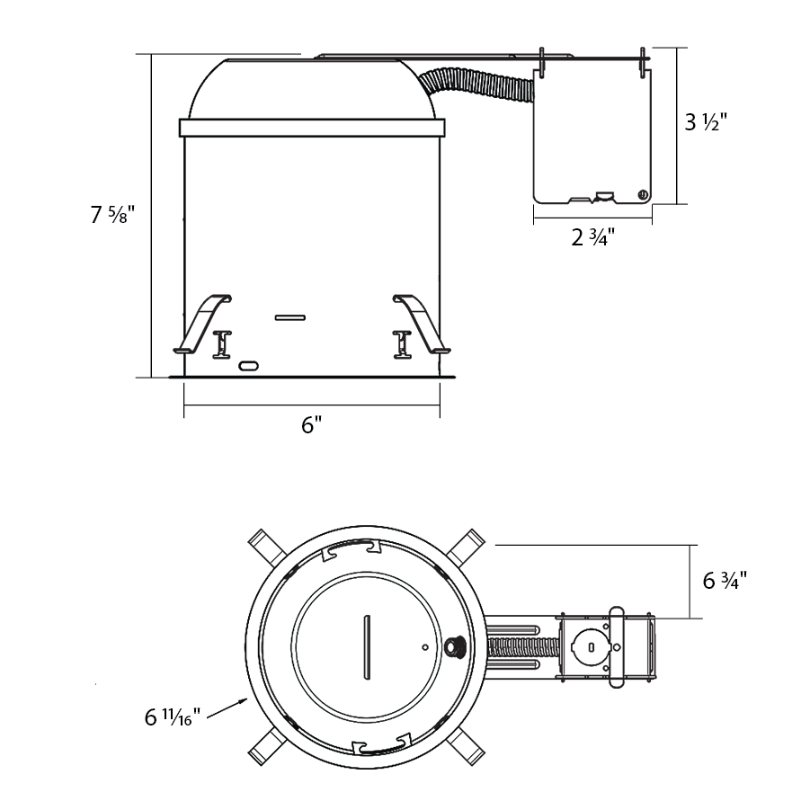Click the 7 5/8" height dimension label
112,214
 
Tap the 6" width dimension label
311,425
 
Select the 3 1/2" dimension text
706,122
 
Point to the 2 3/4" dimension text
593,237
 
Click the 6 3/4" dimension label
725,581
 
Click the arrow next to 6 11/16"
227,708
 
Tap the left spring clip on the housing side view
202,324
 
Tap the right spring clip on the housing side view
421,324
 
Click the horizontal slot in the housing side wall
289,317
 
